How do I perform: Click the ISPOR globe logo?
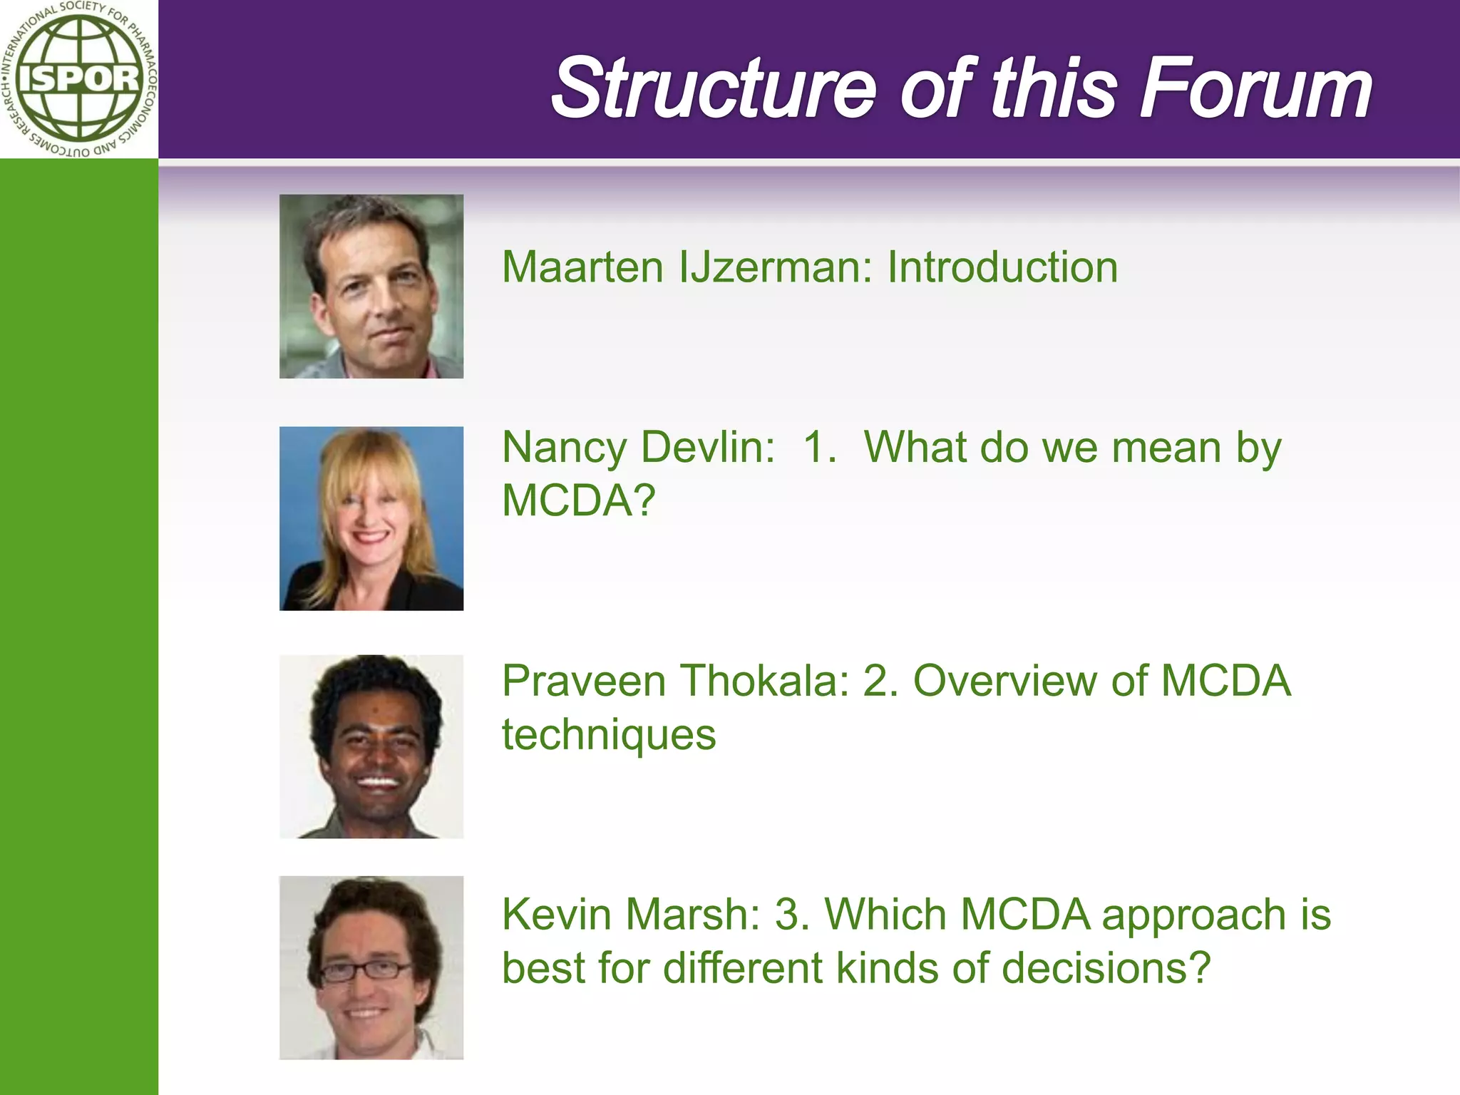[x=78, y=78]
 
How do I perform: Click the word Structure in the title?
[x=713, y=89]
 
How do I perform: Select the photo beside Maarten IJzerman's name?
[x=371, y=287]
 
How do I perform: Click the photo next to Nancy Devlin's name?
[x=371, y=518]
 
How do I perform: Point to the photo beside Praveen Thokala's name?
[x=371, y=746]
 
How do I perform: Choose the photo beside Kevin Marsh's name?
[x=371, y=967]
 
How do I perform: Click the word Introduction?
[x=1002, y=267]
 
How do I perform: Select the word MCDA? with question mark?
[x=578, y=500]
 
